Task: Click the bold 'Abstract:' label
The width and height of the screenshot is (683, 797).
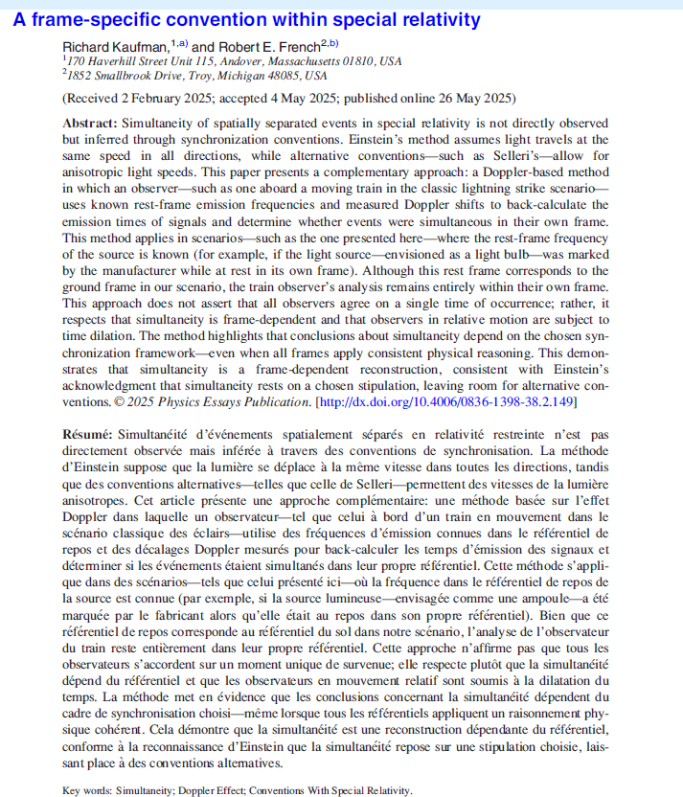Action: tap(89, 125)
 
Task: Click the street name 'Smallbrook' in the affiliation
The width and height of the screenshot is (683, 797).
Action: tap(120, 75)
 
